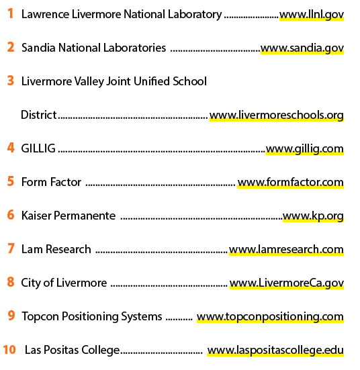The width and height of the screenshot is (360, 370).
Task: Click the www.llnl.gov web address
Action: pyautogui.click(x=312, y=15)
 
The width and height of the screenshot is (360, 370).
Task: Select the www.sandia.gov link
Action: pyautogui.click(x=302, y=48)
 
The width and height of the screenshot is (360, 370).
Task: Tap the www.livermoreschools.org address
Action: pyautogui.click(x=277, y=115)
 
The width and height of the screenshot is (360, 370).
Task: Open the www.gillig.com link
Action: pyautogui.click(x=305, y=149)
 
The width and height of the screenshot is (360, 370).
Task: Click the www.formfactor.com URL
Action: pyautogui.click(x=291, y=182)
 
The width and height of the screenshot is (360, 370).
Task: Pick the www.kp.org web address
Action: pyautogui.click(x=313, y=216)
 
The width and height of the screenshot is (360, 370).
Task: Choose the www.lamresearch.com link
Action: pyautogui.click(x=286, y=249)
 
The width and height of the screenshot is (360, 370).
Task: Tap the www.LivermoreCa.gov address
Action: pyautogui.click(x=287, y=283)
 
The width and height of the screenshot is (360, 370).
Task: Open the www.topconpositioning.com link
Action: pyautogui.click(x=270, y=317)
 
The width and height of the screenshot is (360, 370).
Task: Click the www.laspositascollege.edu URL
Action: pyautogui.click(x=275, y=350)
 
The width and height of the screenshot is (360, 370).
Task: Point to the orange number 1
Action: pyautogui.click(x=10, y=13)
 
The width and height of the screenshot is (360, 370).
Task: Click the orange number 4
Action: pyautogui.click(x=11, y=148)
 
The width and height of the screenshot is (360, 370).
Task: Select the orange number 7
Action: pyautogui.click(x=11, y=248)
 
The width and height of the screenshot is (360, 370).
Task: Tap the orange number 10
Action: pyautogui.click(x=9, y=349)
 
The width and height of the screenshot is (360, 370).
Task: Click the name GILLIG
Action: pyautogui.click(x=38, y=148)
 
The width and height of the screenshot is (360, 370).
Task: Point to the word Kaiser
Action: pyautogui.click(x=36, y=216)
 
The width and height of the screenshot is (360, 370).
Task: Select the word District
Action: pyautogui.click(x=39, y=115)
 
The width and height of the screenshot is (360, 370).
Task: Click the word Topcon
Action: pyautogui.click(x=40, y=316)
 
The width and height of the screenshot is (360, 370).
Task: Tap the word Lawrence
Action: pyautogui.click(x=45, y=14)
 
